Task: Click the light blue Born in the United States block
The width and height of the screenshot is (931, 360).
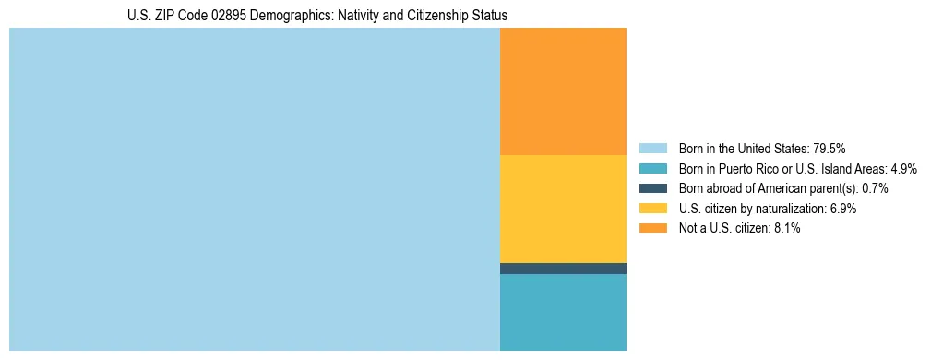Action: (254, 189)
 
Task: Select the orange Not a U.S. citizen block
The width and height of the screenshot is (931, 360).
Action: (563, 90)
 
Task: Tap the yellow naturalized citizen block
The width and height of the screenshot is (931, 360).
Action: (563, 209)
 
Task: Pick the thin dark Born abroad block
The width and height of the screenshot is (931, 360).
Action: (563, 269)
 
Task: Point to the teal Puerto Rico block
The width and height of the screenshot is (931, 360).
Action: (563, 312)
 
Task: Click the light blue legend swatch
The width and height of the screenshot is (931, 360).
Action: (652, 148)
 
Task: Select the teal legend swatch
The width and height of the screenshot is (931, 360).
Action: (652, 168)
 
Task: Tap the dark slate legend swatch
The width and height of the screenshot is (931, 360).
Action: (652, 188)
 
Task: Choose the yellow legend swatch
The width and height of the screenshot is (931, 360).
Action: (652, 209)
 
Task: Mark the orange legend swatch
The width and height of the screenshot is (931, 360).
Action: (652, 229)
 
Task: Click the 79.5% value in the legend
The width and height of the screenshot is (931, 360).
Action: (829, 148)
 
